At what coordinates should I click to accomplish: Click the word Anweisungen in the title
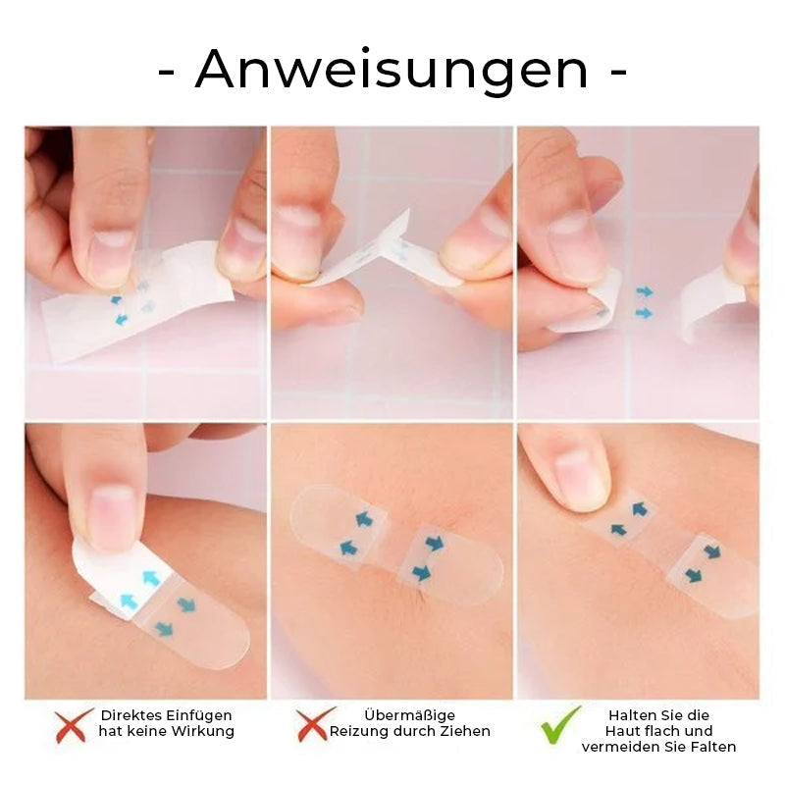click(391, 70)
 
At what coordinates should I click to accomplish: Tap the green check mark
click(560, 724)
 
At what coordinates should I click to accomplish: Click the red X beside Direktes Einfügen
click(73, 725)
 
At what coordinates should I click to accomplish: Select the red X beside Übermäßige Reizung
click(315, 724)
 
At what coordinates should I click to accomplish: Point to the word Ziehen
click(465, 731)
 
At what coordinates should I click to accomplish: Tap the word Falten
click(713, 747)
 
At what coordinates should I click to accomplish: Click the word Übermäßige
click(409, 715)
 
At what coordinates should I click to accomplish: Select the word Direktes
click(131, 715)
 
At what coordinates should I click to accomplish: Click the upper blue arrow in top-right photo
click(645, 291)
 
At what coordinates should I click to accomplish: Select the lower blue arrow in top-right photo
click(644, 313)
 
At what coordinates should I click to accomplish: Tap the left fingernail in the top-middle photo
click(299, 241)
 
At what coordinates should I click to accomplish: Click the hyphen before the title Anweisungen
click(166, 73)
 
